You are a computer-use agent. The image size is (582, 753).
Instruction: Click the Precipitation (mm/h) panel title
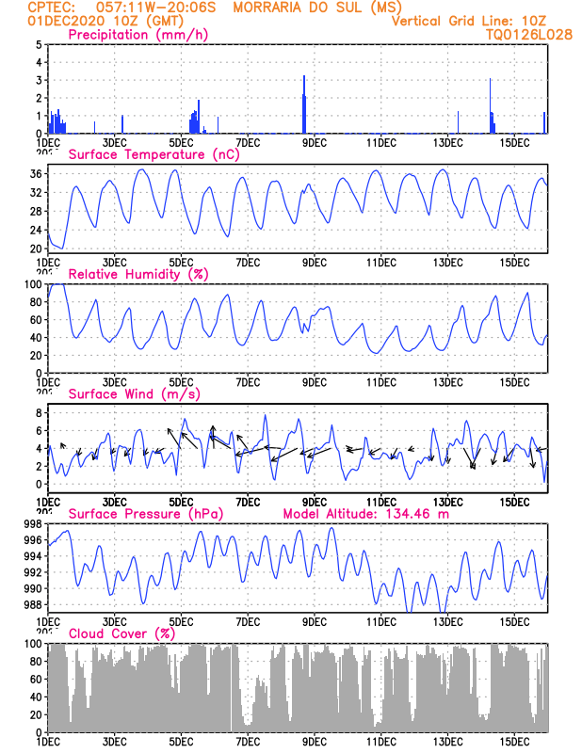[x=138, y=35]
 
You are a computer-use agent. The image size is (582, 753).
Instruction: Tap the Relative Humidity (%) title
[x=137, y=274]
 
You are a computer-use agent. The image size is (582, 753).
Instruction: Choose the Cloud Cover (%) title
[x=121, y=633]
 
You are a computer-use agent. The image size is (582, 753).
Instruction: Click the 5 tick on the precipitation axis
[x=39, y=45]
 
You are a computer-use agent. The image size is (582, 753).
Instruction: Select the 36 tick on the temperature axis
[x=35, y=174]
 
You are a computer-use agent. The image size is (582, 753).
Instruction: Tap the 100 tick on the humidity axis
[x=32, y=284]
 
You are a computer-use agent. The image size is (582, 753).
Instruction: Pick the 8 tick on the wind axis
[x=39, y=413]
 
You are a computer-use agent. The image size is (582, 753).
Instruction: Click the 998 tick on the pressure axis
[x=32, y=524]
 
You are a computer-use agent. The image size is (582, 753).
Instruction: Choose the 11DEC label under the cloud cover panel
[x=380, y=742]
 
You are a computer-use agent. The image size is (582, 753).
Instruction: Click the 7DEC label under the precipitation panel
[x=248, y=142]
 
